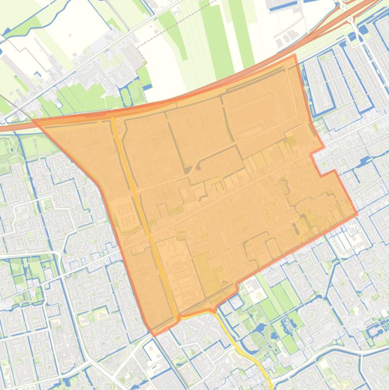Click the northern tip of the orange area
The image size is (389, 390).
pos(295,55)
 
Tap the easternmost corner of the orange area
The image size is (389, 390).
pos(357,214)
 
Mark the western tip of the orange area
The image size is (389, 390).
pos(34,121)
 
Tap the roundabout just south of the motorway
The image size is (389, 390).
pos(351,20)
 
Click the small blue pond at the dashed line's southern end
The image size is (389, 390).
pos(148,87)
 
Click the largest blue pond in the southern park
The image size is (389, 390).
pos(260,329)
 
